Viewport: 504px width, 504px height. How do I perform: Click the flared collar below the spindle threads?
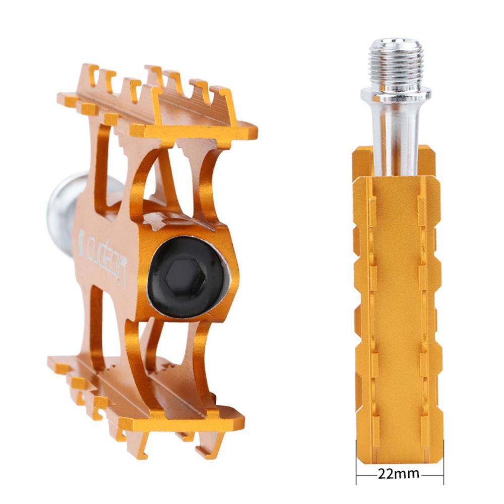[396, 95]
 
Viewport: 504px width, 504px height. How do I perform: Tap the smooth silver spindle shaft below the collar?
[396, 136]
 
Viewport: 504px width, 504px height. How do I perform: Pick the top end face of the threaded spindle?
[396, 42]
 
